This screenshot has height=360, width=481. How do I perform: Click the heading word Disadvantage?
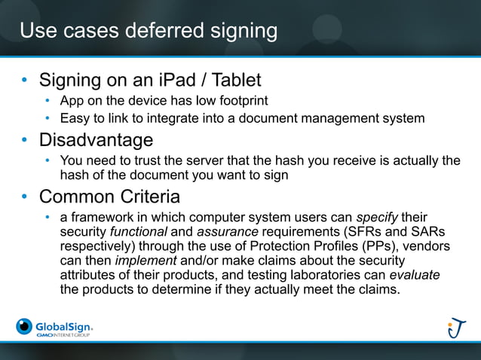96,140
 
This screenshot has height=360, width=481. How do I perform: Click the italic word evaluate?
413,275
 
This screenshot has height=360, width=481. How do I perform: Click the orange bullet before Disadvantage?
25,141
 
